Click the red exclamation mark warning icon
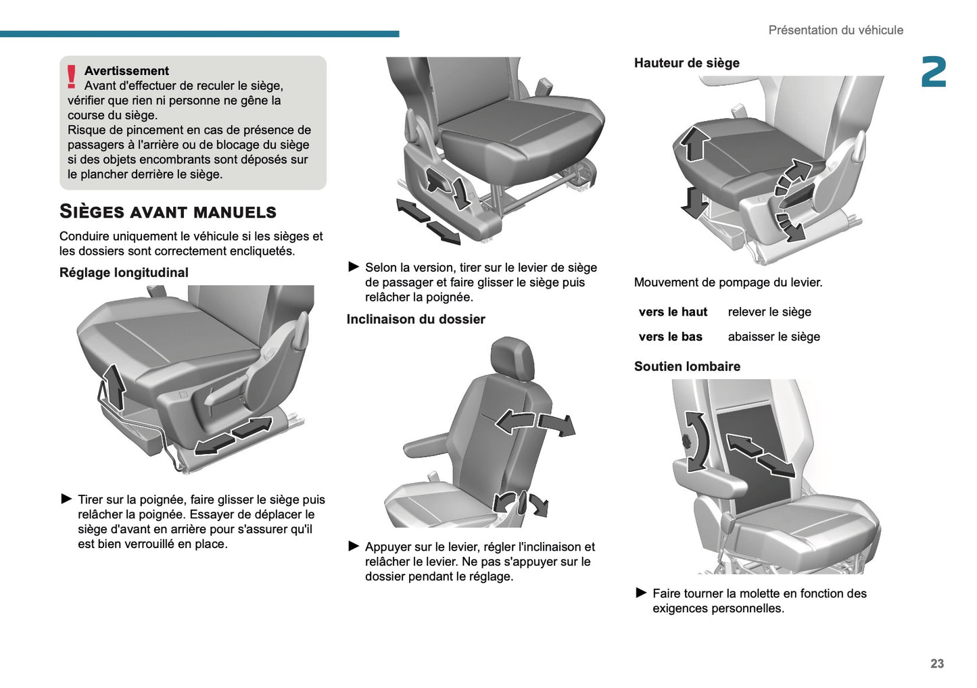[x=72, y=76]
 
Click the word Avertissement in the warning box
[x=126, y=71]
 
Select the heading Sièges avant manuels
[x=168, y=212]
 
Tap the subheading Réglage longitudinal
[x=124, y=272]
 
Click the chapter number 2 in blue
[x=933, y=72]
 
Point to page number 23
[x=936, y=664]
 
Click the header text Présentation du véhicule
[x=835, y=30]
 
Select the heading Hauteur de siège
[x=686, y=63]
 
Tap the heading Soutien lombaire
[x=687, y=366]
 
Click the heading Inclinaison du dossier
[x=416, y=319]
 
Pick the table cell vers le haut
[x=673, y=312]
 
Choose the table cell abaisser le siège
[x=773, y=337]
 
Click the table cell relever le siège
[x=769, y=312]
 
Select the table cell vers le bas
[x=670, y=337]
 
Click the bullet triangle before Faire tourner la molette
[x=641, y=593]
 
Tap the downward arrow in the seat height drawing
[x=693, y=201]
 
